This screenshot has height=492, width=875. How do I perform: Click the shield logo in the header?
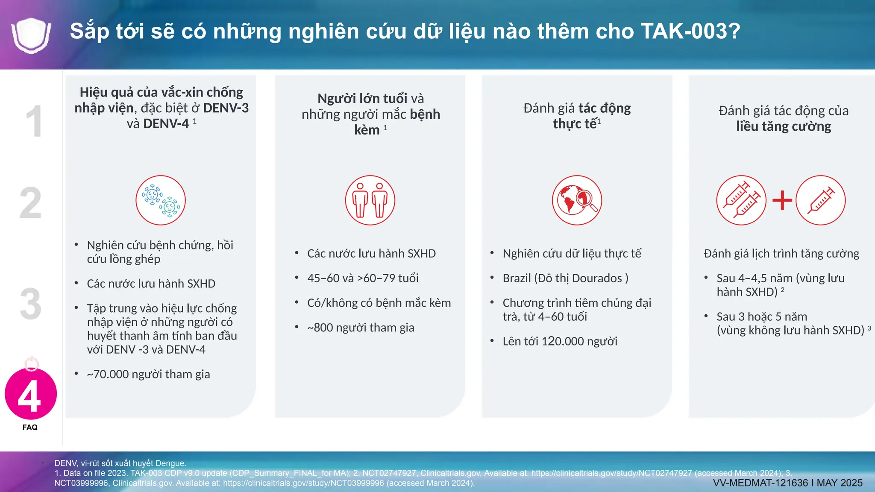pos(31,35)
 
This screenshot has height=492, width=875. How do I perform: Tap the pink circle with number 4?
pos(31,394)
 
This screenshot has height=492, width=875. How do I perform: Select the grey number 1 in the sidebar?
pos(34,121)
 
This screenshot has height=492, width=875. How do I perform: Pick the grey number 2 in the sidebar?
pos(31,203)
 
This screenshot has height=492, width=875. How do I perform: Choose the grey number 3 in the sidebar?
pos(31,304)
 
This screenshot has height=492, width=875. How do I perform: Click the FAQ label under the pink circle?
pos(30,428)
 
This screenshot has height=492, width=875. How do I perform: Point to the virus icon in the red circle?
pos(161,200)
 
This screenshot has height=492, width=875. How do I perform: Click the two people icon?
pos(370,200)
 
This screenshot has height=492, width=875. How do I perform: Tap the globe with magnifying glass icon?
pos(577,200)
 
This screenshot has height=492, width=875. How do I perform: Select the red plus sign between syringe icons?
pos(782,200)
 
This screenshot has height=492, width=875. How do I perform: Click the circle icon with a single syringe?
pos(820,200)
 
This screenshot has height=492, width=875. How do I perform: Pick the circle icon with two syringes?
pos(741,200)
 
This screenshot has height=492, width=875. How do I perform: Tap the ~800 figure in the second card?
pos(320,328)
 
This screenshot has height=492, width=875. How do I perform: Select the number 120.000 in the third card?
pos(563,342)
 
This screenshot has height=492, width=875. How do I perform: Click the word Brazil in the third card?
pos(517,278)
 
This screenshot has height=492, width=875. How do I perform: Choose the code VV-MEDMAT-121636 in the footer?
pos(760,483)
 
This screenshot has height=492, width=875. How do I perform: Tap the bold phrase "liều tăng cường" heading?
pos(784,127)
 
